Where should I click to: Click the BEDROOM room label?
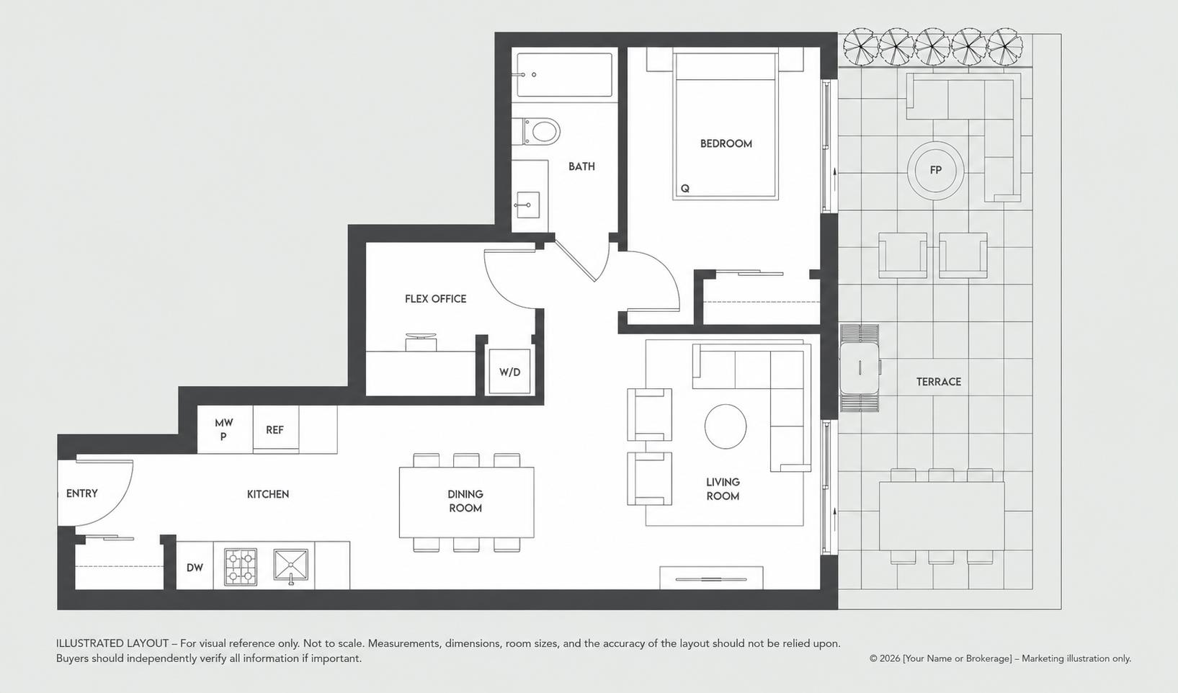pyautogui.click(x=726, y=143)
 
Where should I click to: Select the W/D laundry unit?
pyautogui.click(x=509, y=372)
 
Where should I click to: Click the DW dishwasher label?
pyautogui.click(x=195, y=568)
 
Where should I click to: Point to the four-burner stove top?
pyautogui.click(x=241, y=567)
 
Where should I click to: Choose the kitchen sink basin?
pyautogui.click(x=291, y=565)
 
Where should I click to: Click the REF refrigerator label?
pyautogui.click(x=275, y=429)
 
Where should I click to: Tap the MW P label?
pyautogui.click(x=223, y=429)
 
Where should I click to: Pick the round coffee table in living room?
pyautogui.click(x=726, y=426)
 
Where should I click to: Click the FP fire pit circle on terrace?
pyautogui.click(x=936, y=170)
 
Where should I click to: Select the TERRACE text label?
pyautogui.click(x=938, y=382)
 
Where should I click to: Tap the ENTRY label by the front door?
pyautogui.click(x=82, y=493)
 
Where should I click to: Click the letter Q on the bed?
pyautogui.click(x=684, y=188)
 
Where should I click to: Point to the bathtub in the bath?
pyautogui.click(x=564, y=75)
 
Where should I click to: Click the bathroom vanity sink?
pyautogui.click(x=527, y=205)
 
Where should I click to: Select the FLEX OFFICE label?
pyautogui.click(x=435, y=299)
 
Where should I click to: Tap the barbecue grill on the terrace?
pyautogui.click(x=860, y=368)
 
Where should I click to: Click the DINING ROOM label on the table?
pyautogui.click(x=465, y=501)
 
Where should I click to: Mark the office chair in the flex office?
pyautogui.click(x=421, y=341)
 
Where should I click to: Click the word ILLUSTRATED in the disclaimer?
pyautogui.click(x=112, y=643)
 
